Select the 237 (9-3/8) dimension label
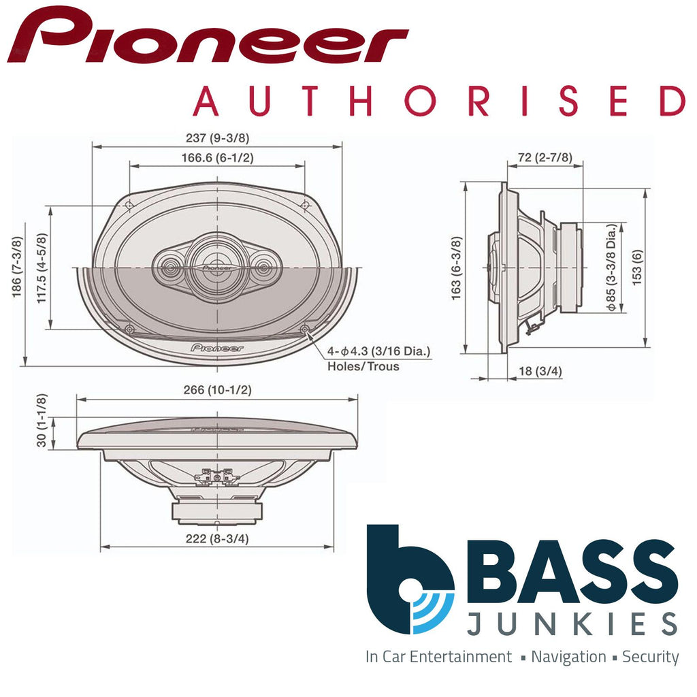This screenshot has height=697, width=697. (x=217, y=137)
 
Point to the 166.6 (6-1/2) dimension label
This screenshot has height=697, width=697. (x=217, y=158)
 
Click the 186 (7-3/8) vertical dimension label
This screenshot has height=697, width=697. (x=17, y=267)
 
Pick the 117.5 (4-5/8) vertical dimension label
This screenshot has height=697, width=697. (x=42, y=268)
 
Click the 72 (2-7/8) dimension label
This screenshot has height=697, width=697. (x=545, y=157)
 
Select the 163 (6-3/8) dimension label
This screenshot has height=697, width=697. (x=457, y=268)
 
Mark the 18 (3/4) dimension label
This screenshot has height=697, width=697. (x=540, y=371)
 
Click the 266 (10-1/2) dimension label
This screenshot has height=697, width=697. (x=217, y=390)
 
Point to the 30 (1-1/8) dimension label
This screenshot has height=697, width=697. (x=42, y=420)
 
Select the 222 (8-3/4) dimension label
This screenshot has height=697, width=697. (x=217, y=539)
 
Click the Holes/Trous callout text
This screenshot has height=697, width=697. (x=363, y=366)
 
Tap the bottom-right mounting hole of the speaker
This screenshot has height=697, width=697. (x=304, y=329)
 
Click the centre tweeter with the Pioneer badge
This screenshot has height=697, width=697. (x=217, y=268)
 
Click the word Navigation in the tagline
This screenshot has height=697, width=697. (x=568, y=657)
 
